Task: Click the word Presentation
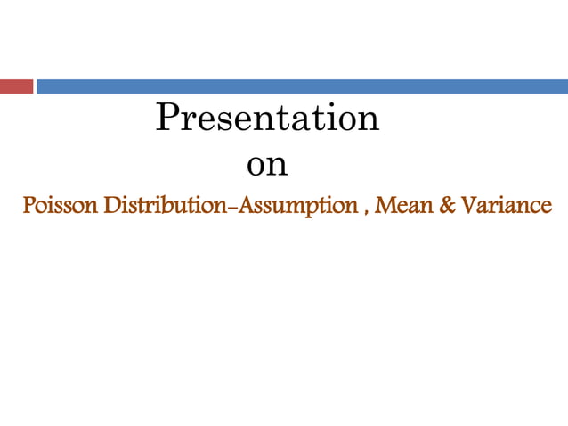click(x=267, y=119)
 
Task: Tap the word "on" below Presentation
click(x=267, y=166)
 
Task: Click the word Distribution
click(x=167, y=206)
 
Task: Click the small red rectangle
click(x=16, y=86)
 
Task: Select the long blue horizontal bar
click(x=302, y=86)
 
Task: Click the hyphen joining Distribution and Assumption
click(x=238, y=208)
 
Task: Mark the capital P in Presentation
click(x=166, y=118)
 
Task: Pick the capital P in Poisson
click(x=28, y=206)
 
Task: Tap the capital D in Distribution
click(x=111, y=206)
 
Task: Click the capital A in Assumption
click(x=252, y=206)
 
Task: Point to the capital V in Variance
click(x=467, y=206)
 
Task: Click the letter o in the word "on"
click(x=256, y=167)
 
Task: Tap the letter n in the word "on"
click(x=278, y=167)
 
